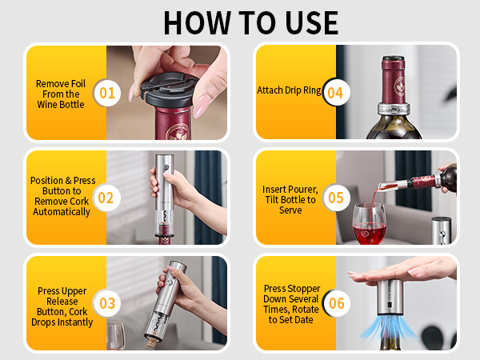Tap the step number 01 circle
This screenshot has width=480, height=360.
pos(107,93)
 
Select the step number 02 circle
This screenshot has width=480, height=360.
pos(106,198)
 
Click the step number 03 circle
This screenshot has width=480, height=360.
pos(107,303)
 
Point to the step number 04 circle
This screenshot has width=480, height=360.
pos(335,93)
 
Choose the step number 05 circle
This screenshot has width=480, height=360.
pos(336,198)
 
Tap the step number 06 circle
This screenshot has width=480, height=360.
pos(336,303)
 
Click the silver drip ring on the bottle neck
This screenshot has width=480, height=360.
pos(394,109)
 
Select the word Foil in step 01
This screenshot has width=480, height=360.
pos(76,83)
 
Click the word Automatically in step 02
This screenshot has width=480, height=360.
pos(62,212)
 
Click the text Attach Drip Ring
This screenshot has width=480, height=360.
pos(289,90)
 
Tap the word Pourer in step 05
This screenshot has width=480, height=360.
pos(303,190)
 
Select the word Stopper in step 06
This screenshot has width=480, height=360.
pos(304,289)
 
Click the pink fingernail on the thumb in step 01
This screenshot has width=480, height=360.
pos(202,106)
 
